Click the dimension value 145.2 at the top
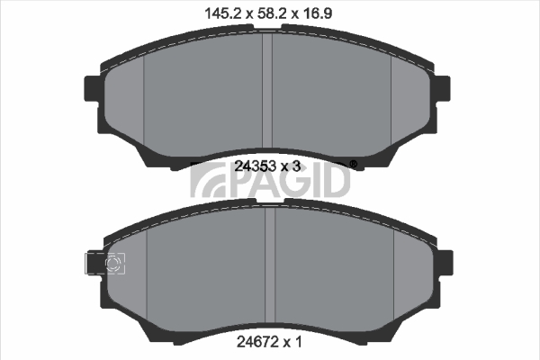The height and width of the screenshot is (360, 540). [x=224, y=13]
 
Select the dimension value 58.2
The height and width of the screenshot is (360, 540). [x=273, y=13]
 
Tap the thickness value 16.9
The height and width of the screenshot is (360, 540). [x=317, y=13]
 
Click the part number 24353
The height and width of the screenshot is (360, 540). [x=256, y=166]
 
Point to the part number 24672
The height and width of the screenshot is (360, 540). [x=257, y=342]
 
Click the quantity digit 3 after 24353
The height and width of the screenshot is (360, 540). [x=296, y=166]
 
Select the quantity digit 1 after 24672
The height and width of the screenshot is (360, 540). [x=298, y=342]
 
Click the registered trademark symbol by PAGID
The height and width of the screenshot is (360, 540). [x=354, y=165]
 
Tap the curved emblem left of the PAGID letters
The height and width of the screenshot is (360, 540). [x=207, y=180]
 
